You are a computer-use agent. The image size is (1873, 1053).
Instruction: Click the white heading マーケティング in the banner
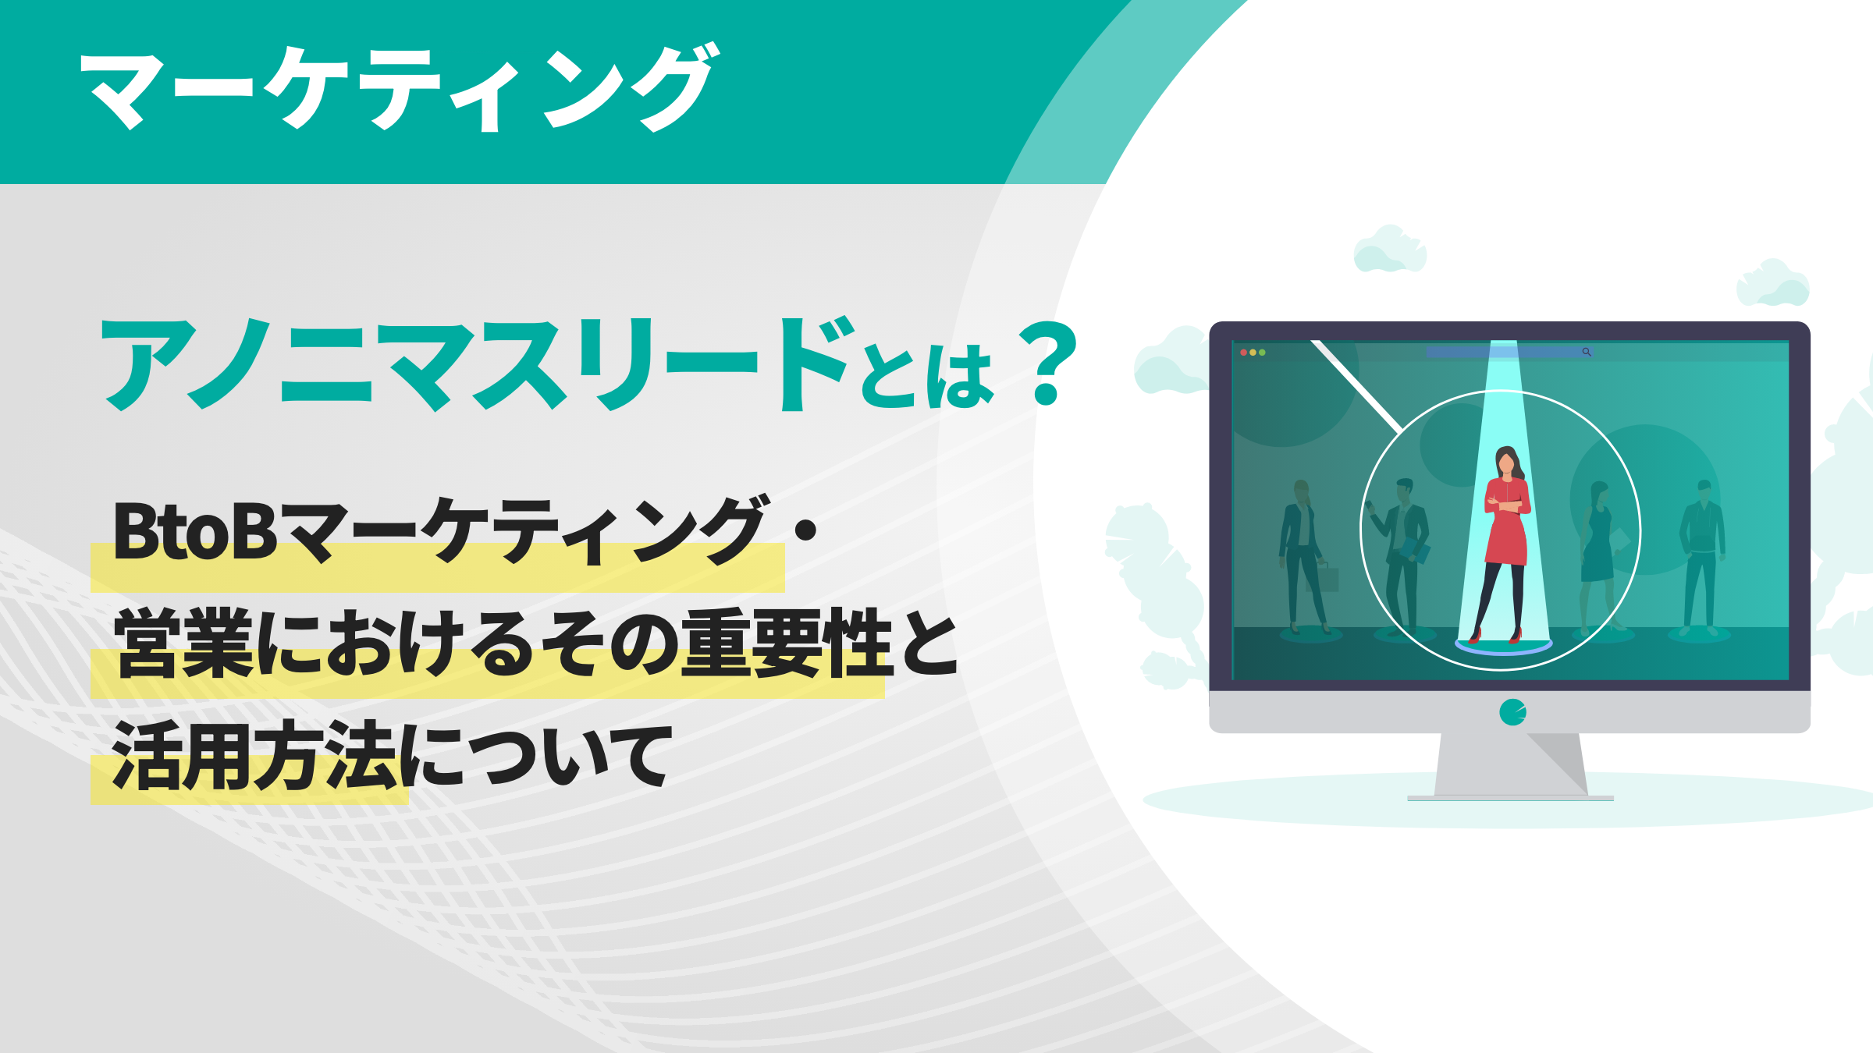[398, 87]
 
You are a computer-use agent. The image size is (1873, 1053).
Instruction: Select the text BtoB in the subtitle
[195, 532]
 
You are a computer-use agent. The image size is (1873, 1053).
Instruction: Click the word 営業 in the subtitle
[183, 643]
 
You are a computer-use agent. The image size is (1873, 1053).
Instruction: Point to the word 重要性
[788, 643]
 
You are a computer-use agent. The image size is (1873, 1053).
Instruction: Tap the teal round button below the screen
[1512, 712]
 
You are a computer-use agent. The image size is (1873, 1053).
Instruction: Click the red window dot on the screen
[1243, 353]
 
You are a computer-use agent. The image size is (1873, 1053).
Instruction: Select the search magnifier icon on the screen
[1586, 353]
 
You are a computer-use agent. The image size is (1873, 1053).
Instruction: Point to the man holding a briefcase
[1303, 554]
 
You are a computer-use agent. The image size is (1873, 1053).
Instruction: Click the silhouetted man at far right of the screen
[1702, 554]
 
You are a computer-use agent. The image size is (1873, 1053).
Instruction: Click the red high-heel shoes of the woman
[1494, 636]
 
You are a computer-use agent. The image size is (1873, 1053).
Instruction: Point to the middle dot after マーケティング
[805, 530]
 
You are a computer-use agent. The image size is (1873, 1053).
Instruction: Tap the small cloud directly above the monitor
[1390, 250]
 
